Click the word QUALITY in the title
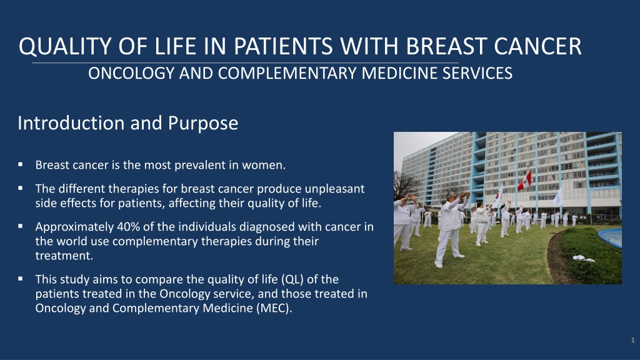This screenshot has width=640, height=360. pos(64,46)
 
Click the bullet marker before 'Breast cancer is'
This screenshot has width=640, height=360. pos(21,164)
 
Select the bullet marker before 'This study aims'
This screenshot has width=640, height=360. pos(21,279)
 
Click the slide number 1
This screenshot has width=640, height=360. pos(632,340)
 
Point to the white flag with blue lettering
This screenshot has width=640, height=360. pos(558,197)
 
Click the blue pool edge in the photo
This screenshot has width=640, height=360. pos(611,237)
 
